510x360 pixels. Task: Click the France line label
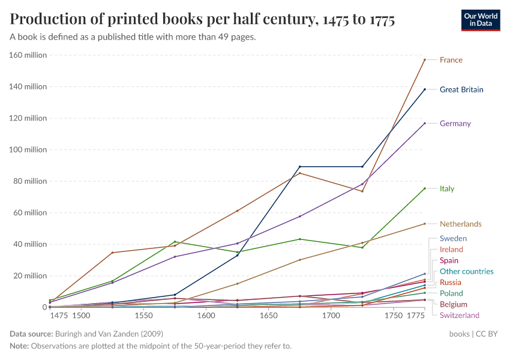(x=451, y=60)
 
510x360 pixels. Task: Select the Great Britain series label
(x=461, y=89)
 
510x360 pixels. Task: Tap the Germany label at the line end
(x=455, y=124)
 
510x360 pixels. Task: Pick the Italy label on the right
(x=446, y=188)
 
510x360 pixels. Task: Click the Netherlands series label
(x=460, y=224)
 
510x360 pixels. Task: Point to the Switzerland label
(x=459, y=315)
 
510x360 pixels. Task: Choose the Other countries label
(x=466, y=271)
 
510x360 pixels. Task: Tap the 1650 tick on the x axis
(x=268, y=316)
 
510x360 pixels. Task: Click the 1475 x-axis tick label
(x=59, y=316)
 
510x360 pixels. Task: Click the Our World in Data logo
(x=480, y=20)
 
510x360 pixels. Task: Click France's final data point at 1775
(x=424, y=60)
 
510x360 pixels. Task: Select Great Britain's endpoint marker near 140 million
(x=424, y=89)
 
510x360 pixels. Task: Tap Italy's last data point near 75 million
(x=424, y=188)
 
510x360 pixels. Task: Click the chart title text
(x=202, y=20)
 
